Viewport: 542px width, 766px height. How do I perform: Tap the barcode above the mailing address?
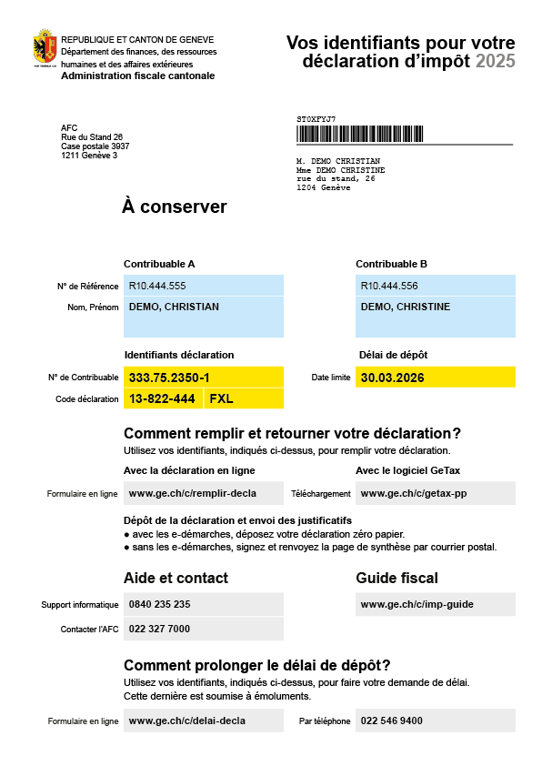[x=359, y=134]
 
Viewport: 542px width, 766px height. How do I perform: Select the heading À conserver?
[x=174, y=207]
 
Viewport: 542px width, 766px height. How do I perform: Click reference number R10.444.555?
[x=157, y=286]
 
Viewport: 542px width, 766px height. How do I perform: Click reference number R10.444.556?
[x=389, y=286]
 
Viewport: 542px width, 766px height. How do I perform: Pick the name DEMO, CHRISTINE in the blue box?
[x=406, y=307]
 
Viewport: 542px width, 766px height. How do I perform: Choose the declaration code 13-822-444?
[x=162, y=398]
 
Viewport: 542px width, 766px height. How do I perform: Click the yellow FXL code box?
[x=222, y=398]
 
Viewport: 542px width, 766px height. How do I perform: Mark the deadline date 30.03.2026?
[x=392, y=378]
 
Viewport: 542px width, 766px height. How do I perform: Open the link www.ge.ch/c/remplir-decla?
[x=193, y=493]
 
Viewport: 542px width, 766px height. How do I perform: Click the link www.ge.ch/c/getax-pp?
[x=414, y=493]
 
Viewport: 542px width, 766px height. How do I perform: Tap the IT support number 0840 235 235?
[x=160, y=604]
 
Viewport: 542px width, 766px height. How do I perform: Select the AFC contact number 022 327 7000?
[x=160, y=629]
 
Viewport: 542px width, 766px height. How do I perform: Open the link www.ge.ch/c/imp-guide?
[x=417, y=604]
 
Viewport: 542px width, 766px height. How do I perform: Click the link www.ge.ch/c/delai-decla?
[x=187, y=721]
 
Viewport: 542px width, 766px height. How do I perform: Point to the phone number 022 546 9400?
[x=391, y=721]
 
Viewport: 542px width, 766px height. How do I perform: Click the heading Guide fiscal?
[x=396, y=578]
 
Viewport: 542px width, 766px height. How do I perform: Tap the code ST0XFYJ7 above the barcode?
[x=316, y=119]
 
